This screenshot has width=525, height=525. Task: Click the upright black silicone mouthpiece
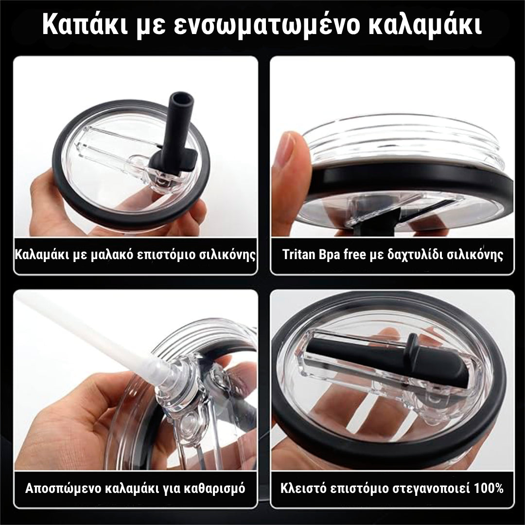click(x=178, y=122)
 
